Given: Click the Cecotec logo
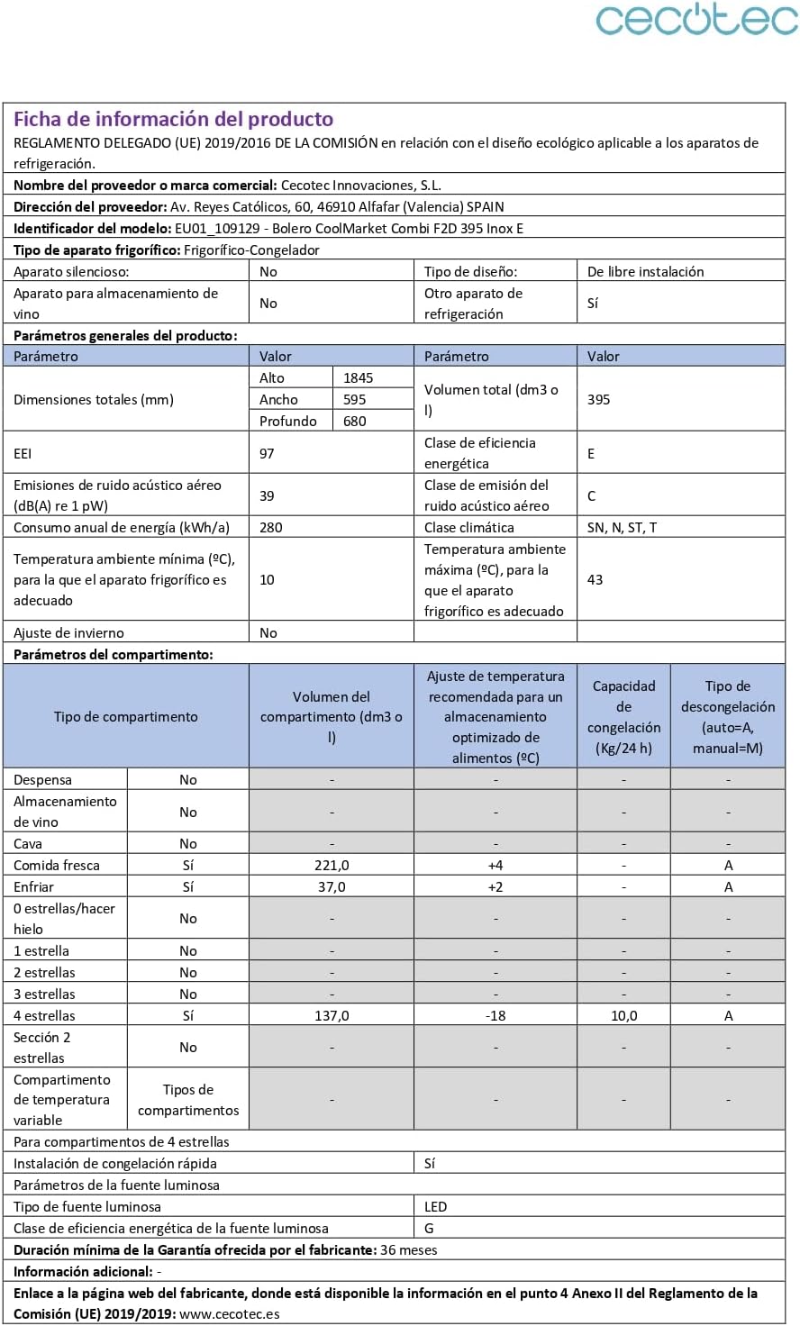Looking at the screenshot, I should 695,20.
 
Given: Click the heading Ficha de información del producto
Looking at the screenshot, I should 173,119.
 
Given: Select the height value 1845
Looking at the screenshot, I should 358,378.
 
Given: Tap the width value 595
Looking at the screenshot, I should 355,400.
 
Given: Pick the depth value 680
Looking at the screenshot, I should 355,422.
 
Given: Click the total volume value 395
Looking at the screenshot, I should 599,400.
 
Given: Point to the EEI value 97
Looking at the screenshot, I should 267,454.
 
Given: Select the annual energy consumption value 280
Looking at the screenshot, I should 270,528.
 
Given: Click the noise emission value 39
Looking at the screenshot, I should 267,496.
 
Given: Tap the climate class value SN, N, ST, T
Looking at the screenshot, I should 622,528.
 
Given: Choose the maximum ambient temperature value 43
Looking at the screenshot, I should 595,580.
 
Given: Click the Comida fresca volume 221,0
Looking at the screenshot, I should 332,866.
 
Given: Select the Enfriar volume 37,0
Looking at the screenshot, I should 332,887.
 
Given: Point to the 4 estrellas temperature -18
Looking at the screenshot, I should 495,1016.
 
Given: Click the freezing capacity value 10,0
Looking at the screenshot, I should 623,1016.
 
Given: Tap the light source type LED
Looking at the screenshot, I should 436,1207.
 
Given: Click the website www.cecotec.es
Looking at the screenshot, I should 230,1314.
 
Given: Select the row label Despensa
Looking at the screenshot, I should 42,780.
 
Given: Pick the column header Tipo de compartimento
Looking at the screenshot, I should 126,717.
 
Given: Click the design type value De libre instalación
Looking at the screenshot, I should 646,272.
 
